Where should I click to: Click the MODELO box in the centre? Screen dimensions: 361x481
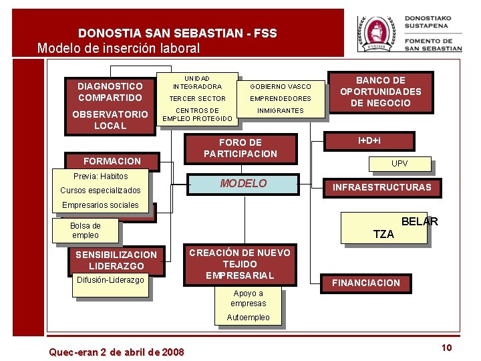tap(243, 184)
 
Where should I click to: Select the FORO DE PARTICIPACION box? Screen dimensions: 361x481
tap(240, 148)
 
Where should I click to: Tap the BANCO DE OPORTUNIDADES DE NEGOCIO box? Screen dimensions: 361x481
tap(380, 92)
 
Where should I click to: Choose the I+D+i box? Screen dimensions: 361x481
tap(369, 140)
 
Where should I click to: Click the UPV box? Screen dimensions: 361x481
tap(399, 164)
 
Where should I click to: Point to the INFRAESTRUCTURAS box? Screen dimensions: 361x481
tap(382, 187)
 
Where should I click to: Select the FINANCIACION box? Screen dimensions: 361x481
tap(365, 283)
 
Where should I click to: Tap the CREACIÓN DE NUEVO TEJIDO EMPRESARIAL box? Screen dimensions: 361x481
tap(240, 264)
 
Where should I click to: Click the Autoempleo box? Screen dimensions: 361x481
tap(248, 318)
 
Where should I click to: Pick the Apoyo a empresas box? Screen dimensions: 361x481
tap(248, 298)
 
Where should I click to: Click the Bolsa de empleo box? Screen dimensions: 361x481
tap(86, 231)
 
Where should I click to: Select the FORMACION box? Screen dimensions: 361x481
tap(112, 161)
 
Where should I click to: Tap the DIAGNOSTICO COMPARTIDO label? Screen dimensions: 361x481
tap(110, 92)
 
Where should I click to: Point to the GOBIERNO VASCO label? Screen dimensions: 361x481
tap(281, 86)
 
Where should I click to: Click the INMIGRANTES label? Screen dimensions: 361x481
tap(281, 110)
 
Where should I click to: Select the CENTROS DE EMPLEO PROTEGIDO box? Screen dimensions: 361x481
tap(197, 115)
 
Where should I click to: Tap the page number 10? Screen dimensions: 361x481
tap(447, 347)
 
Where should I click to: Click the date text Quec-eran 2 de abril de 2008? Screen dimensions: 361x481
tap(117, 352)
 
